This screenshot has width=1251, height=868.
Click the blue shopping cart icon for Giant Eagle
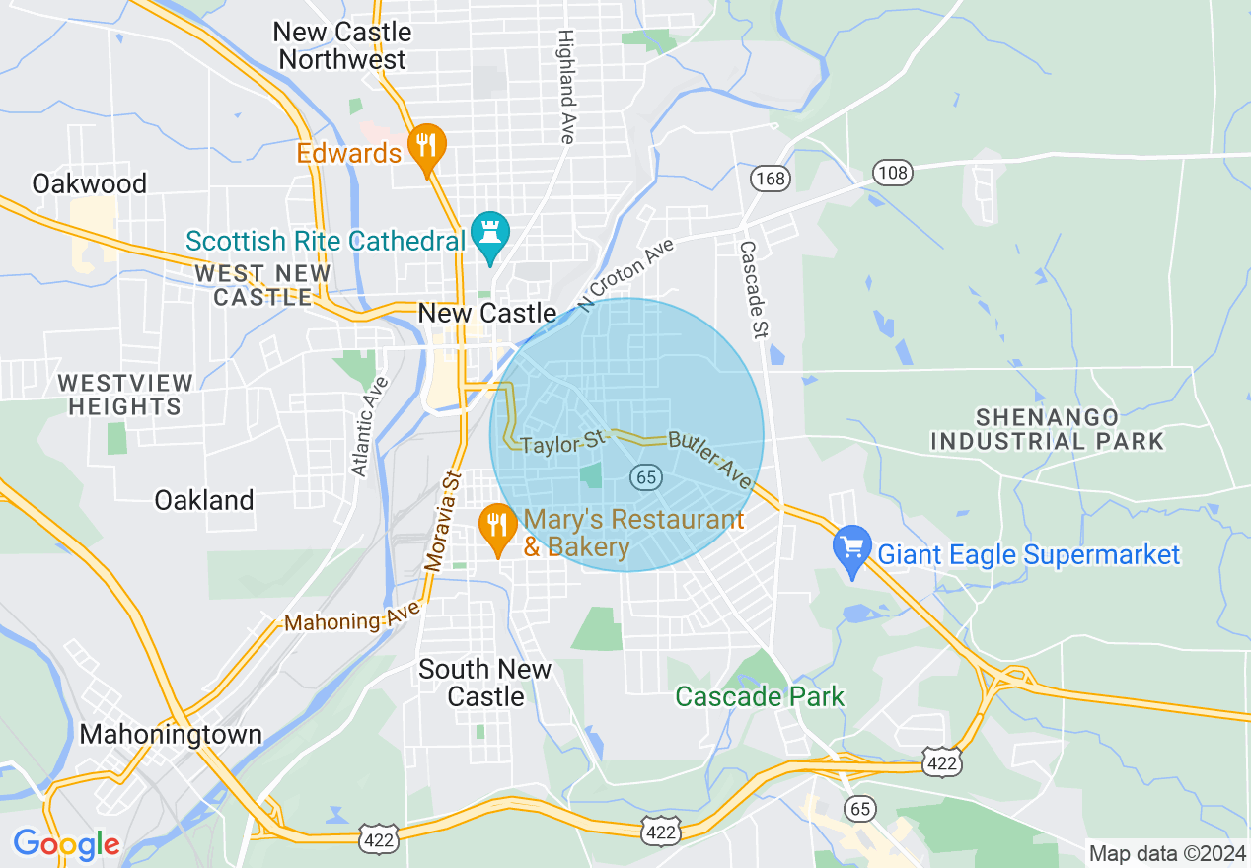pos(851,548)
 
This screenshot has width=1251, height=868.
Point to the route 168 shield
pos(770,179)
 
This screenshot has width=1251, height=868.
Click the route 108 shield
pos(893,174)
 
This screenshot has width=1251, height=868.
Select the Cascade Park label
pos(759,696)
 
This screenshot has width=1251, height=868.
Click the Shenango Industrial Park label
pos(1047,429)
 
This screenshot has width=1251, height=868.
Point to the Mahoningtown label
pos(171,735)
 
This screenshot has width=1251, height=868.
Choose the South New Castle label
pos(485,683)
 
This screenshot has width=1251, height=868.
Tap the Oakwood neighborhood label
pos(89,184)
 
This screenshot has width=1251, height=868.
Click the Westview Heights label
pos(119,394)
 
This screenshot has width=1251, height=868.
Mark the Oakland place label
pos(204,500)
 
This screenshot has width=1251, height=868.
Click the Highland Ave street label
pos(566,86)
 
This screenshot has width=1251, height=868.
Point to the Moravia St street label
pos(442,523)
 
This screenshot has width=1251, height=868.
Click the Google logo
pos(66,844)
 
